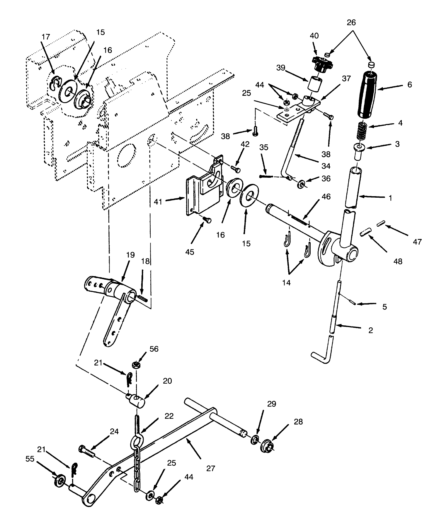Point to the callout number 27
point(210,468)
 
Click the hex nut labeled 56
point(136,365)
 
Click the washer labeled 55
point(60,481)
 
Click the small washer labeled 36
point(301,184)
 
